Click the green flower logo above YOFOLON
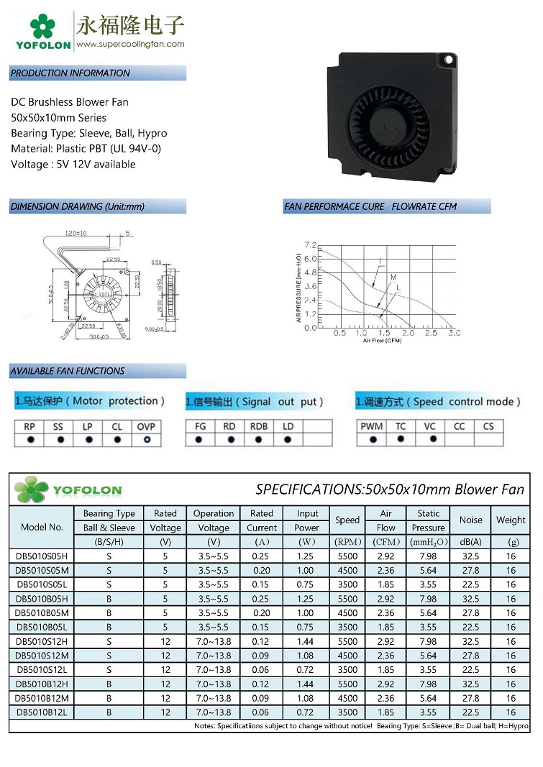click(x=42, y=27)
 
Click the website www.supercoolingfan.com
click(x=130, y=44)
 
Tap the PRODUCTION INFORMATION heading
click(x=70, y=73)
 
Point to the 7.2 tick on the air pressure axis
click(x=311, y=245)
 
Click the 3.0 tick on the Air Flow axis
click(x=454, y=334)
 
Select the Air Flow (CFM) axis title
click(x=382, y=341)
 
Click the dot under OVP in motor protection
click(x=147, y=439)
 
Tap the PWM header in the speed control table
click(x=372, y=426)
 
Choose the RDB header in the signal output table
click(x=259, y=426)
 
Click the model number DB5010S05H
click(x=42, y=556)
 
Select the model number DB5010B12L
click(x=42, y=712)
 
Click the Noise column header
click(x=471, y=520)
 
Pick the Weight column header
click(x=511, y=520)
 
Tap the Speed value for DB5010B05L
click(x=347, y=627)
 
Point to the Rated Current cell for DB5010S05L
click(x=262, y=584)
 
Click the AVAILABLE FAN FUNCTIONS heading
click(x=68, y=371)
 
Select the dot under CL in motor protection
click(x=117, y=439)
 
